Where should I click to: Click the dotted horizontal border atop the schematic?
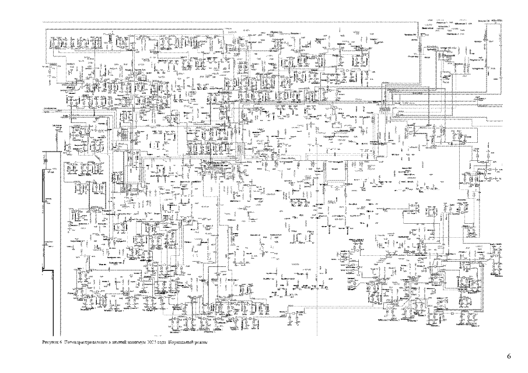(x=233, y=22)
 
